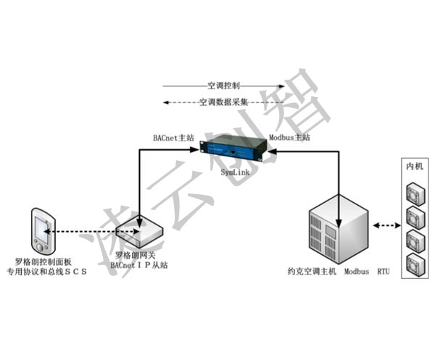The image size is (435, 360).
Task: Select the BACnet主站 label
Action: pyautogui.click(x=172, y=136)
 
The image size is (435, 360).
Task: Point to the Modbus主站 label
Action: pyautogui.click(x=289, y=136)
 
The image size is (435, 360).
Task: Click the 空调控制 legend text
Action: pyautogui.click(x=224, y=85)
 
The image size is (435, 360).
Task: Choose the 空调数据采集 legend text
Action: pyautogui.click(x=223, y=102)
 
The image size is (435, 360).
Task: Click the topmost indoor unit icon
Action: pyautogui.click(x=415, y=193)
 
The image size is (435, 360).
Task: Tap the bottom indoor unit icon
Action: pyautogui.click(x=415, y=262)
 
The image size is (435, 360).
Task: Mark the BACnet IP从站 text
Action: pyautogui.click(x=139, y=266)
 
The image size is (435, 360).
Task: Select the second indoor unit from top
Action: pyautogui.click(x=415, y=216)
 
